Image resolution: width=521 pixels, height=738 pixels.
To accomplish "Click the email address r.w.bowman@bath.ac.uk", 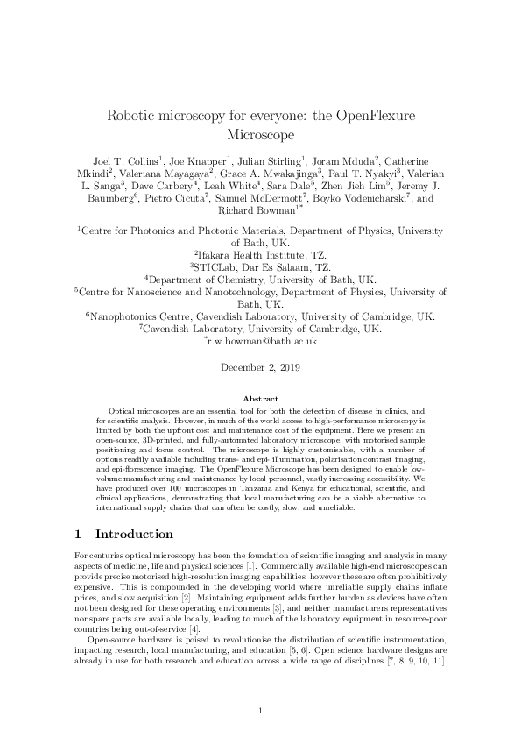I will pos(263,343).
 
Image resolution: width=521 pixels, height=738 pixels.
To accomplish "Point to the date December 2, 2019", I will pos(260,368).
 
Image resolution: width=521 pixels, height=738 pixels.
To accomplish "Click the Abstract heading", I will pos(260,399).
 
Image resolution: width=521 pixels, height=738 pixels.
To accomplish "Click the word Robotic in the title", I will pos(137,116).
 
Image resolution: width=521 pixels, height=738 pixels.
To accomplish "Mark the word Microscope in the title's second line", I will pos(260,136).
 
